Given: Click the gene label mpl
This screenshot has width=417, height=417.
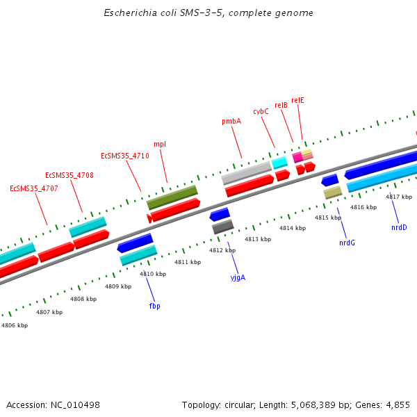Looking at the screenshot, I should point(159,144).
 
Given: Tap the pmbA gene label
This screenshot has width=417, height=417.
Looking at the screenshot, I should point(231,121).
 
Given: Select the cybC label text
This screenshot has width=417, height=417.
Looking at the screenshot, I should point(261,111).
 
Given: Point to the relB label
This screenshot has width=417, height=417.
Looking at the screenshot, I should point(281,105).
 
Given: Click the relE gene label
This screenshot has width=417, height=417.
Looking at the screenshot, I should point(297,100).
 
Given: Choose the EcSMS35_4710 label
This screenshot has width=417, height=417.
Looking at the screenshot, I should point(125,156).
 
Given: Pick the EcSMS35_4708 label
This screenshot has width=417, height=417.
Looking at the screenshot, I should point(69,175).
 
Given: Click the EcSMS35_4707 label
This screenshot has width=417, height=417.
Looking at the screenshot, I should point(34,188).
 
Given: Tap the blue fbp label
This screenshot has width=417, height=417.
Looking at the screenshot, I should point(154,306).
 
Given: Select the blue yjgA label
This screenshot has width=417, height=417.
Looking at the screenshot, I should point(238,277).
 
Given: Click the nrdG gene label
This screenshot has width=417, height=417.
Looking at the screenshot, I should point(347,243).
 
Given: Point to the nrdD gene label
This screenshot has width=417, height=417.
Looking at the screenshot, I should point(399,227).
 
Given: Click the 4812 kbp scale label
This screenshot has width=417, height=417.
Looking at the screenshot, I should point(222,250).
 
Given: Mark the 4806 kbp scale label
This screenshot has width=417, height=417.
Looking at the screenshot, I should point(15,325).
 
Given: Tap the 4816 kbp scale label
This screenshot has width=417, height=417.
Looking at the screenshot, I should point(363,207).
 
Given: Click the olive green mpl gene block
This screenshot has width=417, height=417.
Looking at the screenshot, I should point(172,197).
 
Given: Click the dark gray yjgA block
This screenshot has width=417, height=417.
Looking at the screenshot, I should point(222,226).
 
